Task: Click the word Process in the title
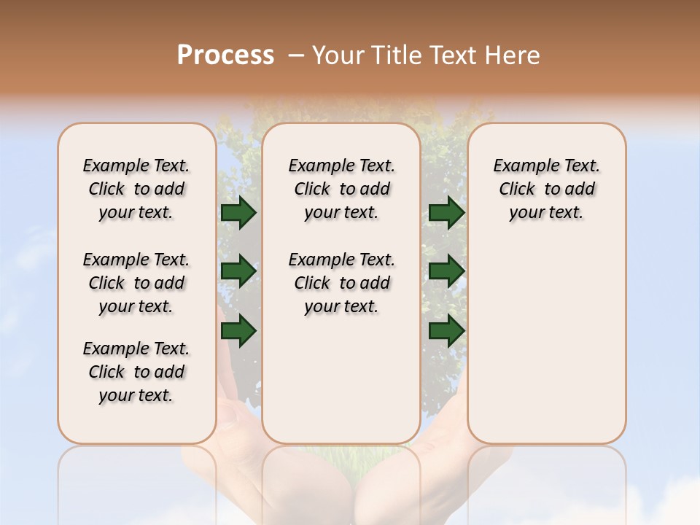(x=225, y=55)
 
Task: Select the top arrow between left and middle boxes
(x=238, y=213)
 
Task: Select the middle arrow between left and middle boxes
(x=238, y=271)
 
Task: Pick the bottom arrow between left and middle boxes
(x=238, y=330)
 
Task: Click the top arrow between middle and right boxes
(x=446, y=213)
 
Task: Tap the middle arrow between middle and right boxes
(x=446, y=271)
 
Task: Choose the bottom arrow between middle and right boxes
(x=446, y=330)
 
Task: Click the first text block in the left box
(x=136, y=189)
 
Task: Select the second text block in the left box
(x=136, y=283)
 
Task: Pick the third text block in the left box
(x=136, y=372)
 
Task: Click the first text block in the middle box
(x=341, y=189)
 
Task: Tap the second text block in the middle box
(x=341, y=283)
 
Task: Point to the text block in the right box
(x=546, y=189)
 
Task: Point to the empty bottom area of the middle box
(x=341, y=386)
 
